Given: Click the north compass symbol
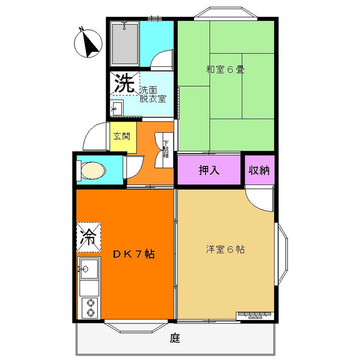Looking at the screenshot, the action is tap(88, 43).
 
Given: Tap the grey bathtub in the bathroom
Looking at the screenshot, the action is tap(125, 44).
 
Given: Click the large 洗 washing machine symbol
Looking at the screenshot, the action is tap(125, 83).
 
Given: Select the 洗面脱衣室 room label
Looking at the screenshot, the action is tap(152, 94).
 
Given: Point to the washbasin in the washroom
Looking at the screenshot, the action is tap(117, 108).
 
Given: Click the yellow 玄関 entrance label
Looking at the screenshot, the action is tap(121, 136).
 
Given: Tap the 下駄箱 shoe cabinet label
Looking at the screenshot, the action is tap(165, 149).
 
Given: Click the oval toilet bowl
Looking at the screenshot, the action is tap(93, 170).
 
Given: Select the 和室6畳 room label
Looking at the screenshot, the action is tap(225, 69).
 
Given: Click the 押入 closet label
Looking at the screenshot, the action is tap(209, 170).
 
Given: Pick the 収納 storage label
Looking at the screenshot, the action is tap(259, 170).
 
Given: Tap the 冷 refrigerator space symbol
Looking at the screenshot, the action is tap(89, 237).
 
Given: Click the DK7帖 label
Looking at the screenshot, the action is tap(134, 254).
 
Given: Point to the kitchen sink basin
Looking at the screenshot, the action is tap(89, 268).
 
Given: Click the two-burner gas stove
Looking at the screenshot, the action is tap(90, 308).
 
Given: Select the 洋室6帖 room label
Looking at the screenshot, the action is tap(225, 249).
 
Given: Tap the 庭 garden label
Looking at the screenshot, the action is tap(175, 338).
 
